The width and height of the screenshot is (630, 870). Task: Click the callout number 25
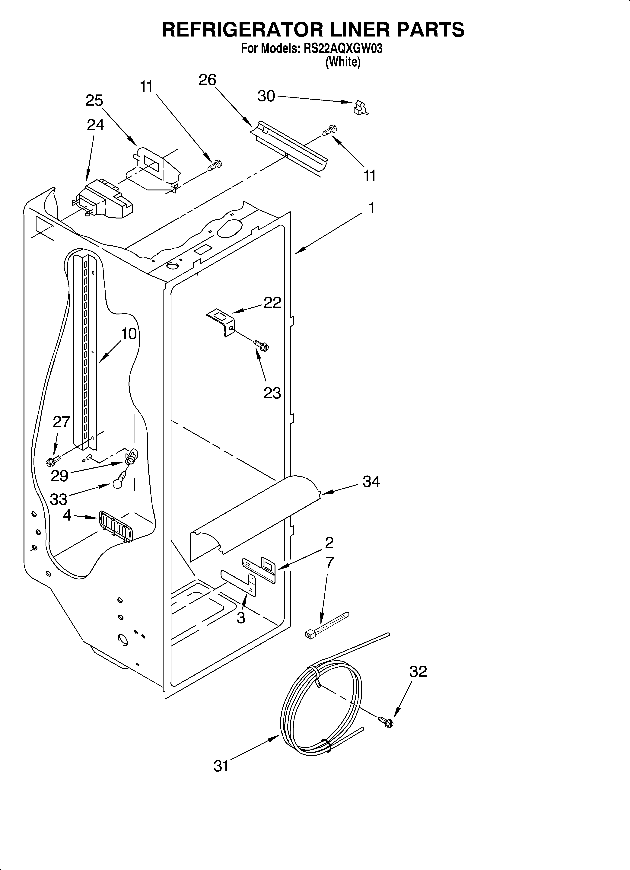94,100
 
